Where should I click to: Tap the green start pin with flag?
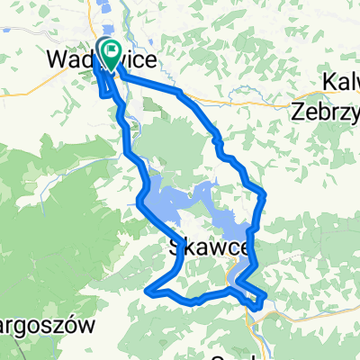[112, 50]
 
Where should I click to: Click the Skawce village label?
[202, 246]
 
